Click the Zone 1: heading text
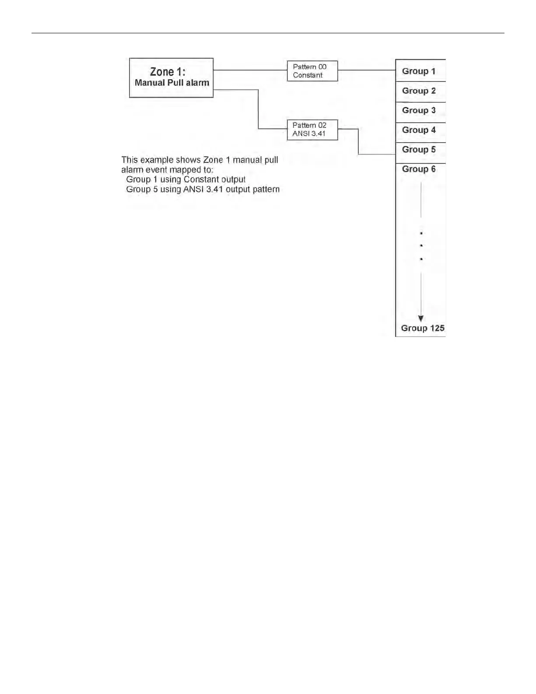pyautogui.click(x=168, y=71)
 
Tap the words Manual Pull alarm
pyautogui.click(x=172, y=83)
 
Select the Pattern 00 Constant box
pyautogui.click(x=312, y=71)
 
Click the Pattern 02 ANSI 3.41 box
pyautogui.click(x=312, y=130)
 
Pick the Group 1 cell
pyautogui.click(x=419, y=71)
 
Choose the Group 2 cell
pyautogui.click(x=419, y=91)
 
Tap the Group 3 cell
pyautogui.click(x=419, y=110)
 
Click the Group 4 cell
pyautogui.click(x=419, y=130)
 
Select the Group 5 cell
pyautogui.click(x=419, y=150)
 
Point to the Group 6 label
pyautogui.click(x=419, y=169)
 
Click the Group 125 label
pyautogui.click(x=423, y=328)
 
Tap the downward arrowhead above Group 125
pyautogui.click(x=421, y=319)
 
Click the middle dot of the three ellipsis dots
pyautogui.click(x=421, y=246)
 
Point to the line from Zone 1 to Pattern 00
pyautogui.click(x=250, y=70)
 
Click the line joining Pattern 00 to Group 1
pyautogui.click(x=367, y=70)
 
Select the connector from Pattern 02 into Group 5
pyautogui.click(x=359, y=145)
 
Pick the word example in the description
pyautogui.click(x=156, y=160)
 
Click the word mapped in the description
pyautogui.click(x=185, y=170)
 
